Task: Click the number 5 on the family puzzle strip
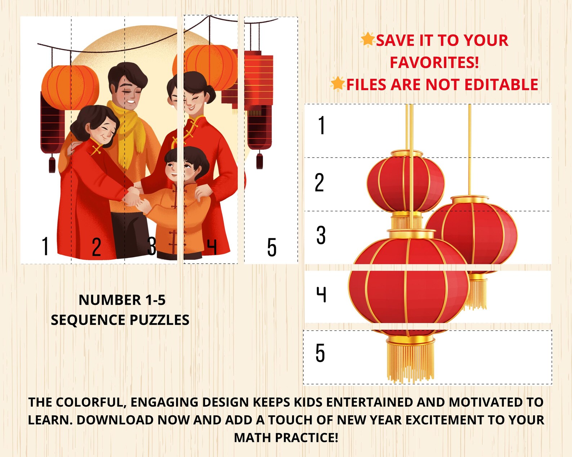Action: (272, 247)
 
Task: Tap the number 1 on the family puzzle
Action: (45, 246)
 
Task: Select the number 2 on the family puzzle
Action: (96, 247)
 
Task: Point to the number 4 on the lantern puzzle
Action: (321, 294)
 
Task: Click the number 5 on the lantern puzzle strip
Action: (320, 353)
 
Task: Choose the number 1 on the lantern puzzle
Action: (322, 126)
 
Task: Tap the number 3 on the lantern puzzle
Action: (321, 235)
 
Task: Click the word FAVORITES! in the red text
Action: (434, 63)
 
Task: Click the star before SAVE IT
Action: (368, 39)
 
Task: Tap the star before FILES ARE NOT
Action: (338, 83)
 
